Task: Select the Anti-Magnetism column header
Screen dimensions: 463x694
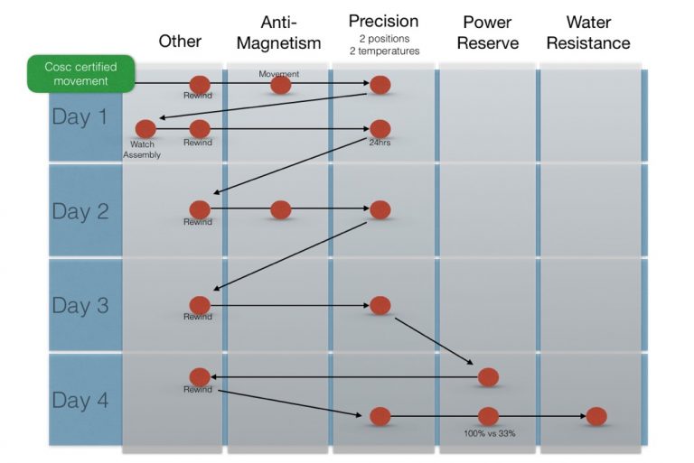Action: point(279,32)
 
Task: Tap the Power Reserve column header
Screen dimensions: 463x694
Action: point(488,32)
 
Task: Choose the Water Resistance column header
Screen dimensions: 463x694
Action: point(593,32)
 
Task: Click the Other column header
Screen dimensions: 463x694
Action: point(180,41)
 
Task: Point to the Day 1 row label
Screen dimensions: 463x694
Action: point(80,116)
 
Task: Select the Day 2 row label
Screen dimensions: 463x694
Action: point(80,211)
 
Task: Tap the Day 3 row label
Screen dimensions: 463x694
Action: point(80,306)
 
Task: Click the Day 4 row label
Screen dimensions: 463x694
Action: point(80,400)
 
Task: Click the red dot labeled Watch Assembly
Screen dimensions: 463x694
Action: point(145,129)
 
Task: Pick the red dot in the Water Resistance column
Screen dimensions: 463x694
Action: point(596,416)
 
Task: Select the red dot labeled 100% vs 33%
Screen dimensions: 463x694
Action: point(488,416)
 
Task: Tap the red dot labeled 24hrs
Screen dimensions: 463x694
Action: point(380,129)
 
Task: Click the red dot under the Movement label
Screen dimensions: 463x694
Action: point(281,85)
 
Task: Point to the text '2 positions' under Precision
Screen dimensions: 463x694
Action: point(383,39)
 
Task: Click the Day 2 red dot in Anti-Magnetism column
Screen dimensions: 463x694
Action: point(281,209)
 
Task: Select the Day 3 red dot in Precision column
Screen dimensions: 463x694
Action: point(380,305)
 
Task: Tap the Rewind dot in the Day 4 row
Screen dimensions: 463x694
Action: point(200,376)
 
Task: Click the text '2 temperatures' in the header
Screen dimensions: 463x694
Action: point(383,51)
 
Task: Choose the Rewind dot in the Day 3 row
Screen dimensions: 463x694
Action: point(200,305)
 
